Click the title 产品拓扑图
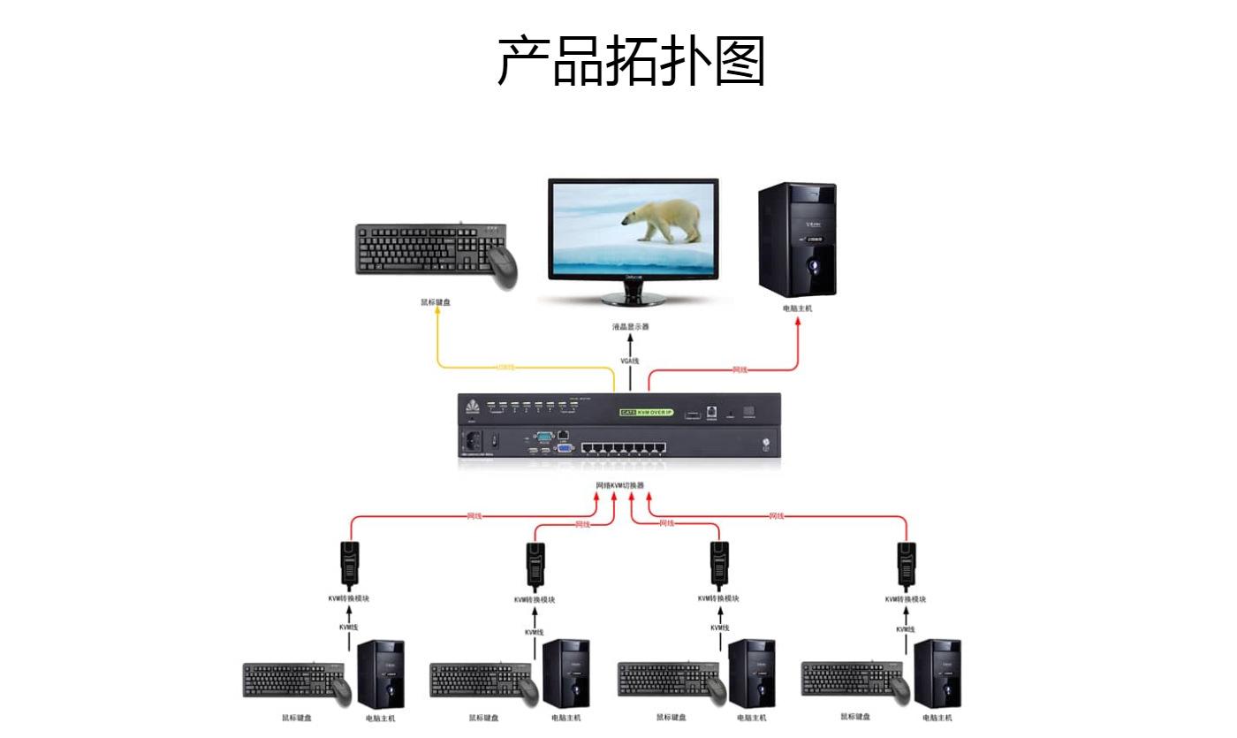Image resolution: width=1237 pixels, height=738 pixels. pyautogui.click(x=631, y=61)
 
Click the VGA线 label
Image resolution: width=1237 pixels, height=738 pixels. pyautogui.click(x=629, y=361)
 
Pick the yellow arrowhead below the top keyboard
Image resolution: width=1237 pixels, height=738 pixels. pyautogui.click(x=436, y=316)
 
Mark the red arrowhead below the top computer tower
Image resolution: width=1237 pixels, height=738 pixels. pyautogui.click(x=798, y=323)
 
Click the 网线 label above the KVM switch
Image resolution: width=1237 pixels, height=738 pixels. pyautogui.click(x=740, y=369)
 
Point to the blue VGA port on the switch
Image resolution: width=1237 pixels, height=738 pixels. pyautogui.click(x=563, y=448)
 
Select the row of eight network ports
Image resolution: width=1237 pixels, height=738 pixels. pyautogui.click(x=623, y=445)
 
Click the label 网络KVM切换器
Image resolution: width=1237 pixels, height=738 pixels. pyautogui.click(x=620, y=485)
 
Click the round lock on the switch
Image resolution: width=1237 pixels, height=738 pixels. pyautogui.click(x=765, y=444)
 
